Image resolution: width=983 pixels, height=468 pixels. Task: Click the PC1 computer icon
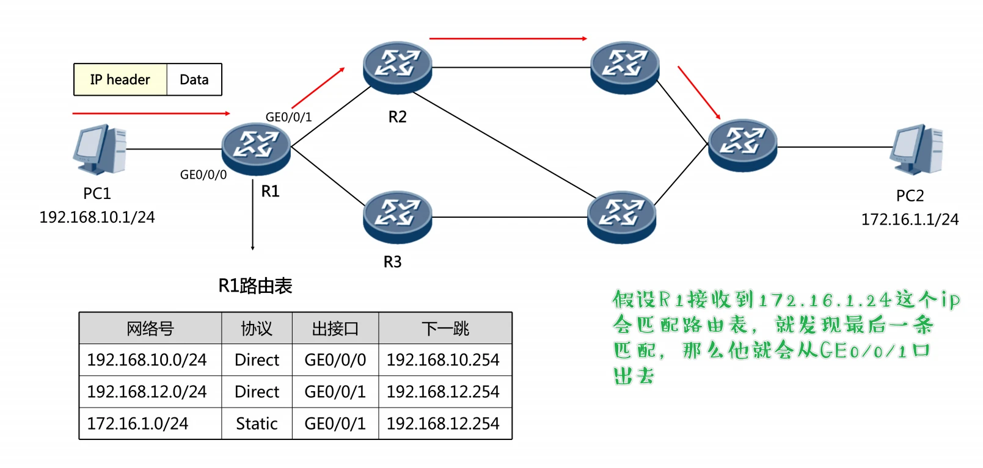click(99, 149)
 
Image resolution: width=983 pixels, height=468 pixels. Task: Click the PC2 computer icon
click(916, 149)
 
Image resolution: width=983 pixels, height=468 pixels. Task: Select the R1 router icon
click(256, 148)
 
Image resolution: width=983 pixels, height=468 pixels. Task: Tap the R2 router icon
click(397, 67)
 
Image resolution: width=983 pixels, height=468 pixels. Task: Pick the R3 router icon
click(397, 217)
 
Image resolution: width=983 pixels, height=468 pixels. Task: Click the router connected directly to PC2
click(742, 145)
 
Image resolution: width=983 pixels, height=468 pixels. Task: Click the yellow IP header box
click(120, 80)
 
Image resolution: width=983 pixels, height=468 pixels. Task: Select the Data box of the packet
click(194, 80)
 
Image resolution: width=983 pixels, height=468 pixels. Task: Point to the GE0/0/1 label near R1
click(288, 117)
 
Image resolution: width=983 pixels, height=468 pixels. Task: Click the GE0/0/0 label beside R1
click(203, 175)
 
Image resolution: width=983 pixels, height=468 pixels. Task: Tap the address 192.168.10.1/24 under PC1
click(97, 217)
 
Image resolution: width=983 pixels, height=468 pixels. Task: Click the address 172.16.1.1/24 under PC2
click(910, 220)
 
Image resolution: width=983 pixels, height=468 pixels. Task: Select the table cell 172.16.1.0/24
click(138, 423)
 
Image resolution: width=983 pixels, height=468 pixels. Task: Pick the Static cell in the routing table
click(257, 423)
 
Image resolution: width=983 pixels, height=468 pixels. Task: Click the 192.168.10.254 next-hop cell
click(443, 360)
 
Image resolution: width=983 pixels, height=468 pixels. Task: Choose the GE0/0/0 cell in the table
click(335, 360)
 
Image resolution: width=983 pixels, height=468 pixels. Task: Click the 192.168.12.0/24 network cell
click(147, 392)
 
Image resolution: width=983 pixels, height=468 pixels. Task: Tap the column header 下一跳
click(445, 329)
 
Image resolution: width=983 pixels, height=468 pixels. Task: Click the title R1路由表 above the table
click(255, 286)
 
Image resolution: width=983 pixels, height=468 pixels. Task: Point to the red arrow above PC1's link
click(150, 113)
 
